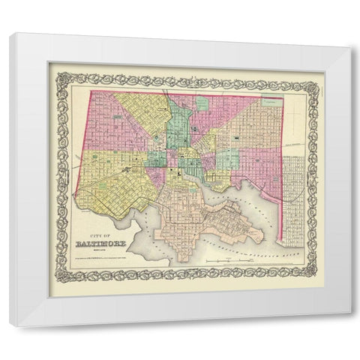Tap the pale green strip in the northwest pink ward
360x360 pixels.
click(x=100, y=116)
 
